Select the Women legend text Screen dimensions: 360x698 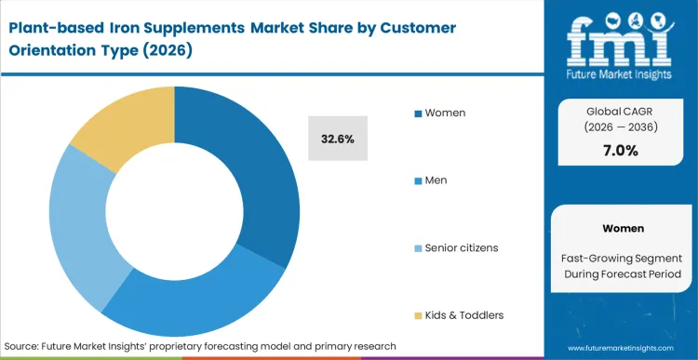445,113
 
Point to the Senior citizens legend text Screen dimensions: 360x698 462,247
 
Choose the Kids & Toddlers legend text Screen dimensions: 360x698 463,314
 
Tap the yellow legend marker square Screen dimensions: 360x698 418,315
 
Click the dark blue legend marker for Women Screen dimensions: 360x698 418,113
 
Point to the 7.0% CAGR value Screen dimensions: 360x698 620,150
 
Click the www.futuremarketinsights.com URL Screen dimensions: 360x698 620,346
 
